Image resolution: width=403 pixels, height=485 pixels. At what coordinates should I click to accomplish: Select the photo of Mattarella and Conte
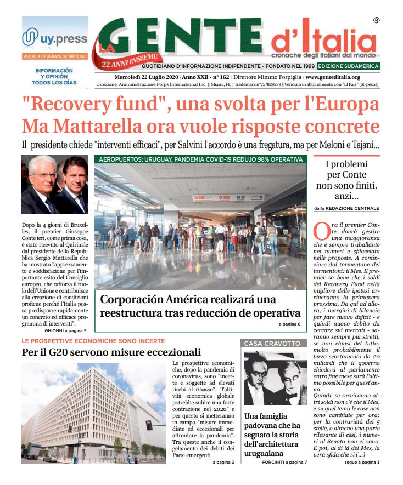[54, 185]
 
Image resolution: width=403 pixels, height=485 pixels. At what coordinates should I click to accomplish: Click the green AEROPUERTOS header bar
[199, 159]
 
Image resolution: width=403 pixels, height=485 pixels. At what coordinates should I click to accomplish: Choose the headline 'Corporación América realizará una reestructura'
[200, 306]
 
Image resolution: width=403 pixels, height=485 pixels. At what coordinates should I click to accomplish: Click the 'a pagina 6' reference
[289, 324]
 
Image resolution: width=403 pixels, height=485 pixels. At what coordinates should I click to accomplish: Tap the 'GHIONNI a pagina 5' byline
[65, 332]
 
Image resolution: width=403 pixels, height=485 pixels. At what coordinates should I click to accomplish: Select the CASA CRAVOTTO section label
[272, 343]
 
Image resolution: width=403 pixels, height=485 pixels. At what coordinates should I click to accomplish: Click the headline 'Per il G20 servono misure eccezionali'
[111, 352]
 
